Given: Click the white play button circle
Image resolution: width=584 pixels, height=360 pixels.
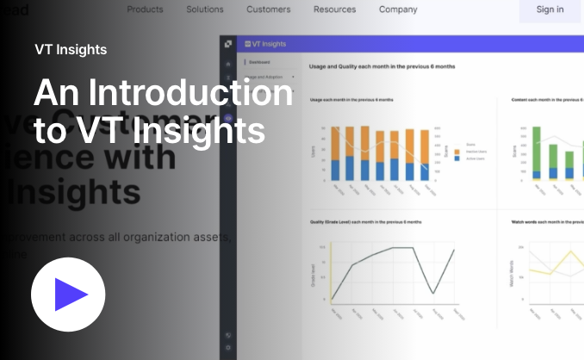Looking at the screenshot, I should point(68,295).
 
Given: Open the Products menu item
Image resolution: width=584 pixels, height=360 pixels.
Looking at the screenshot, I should point(145,9).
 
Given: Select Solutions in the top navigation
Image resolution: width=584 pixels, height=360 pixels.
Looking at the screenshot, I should point(205,9).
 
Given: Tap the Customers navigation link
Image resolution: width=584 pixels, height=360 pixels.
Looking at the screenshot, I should point(268,9).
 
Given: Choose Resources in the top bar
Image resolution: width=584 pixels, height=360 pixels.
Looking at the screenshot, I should point(335,9).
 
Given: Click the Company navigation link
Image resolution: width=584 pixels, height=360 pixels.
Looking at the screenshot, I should point(398,9).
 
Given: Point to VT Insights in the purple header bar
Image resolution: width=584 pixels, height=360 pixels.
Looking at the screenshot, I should point(269,44).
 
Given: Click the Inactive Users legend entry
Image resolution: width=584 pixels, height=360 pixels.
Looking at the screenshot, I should point(474,152).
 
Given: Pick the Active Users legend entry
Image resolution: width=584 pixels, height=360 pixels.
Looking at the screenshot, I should point(474,158).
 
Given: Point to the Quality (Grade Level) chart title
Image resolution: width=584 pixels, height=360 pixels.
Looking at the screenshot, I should point(365,222).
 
